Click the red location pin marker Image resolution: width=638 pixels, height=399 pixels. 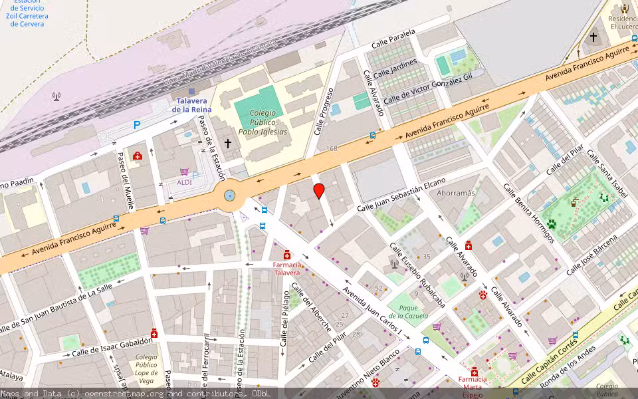(319, 191)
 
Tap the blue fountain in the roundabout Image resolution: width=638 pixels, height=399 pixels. (229, 195)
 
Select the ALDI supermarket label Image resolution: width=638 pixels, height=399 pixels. (184, 182)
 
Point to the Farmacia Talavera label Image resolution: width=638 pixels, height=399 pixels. (287, 269)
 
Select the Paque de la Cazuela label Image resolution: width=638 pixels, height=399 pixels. (408, 311)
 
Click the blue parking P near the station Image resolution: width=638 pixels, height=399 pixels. (137, 124)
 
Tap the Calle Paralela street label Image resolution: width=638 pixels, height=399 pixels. (393, 39)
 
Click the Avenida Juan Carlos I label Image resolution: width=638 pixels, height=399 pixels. (373, 310)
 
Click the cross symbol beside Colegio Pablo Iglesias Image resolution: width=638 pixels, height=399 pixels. (228, 143)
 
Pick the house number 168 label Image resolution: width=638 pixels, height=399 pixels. (332, 148)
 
